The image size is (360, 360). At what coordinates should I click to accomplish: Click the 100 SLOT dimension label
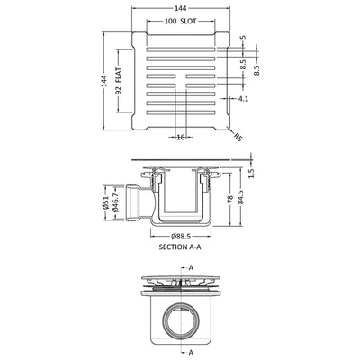point(181,22)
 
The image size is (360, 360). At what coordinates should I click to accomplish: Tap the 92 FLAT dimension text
point(118,81)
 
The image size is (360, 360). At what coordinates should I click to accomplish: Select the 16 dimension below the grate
point(181,138)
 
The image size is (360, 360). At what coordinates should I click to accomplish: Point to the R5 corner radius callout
point(238,137)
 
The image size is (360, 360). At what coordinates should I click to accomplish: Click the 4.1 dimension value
point(243,98)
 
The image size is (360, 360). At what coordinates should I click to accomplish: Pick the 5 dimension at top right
point(243,37)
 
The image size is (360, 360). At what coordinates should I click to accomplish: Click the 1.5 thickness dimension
point(251,173)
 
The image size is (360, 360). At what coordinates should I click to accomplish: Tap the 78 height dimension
point(230,200)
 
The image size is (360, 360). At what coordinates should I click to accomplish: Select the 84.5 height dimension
point(241,198)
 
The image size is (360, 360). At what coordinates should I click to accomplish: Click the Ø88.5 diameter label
point(181,237)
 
